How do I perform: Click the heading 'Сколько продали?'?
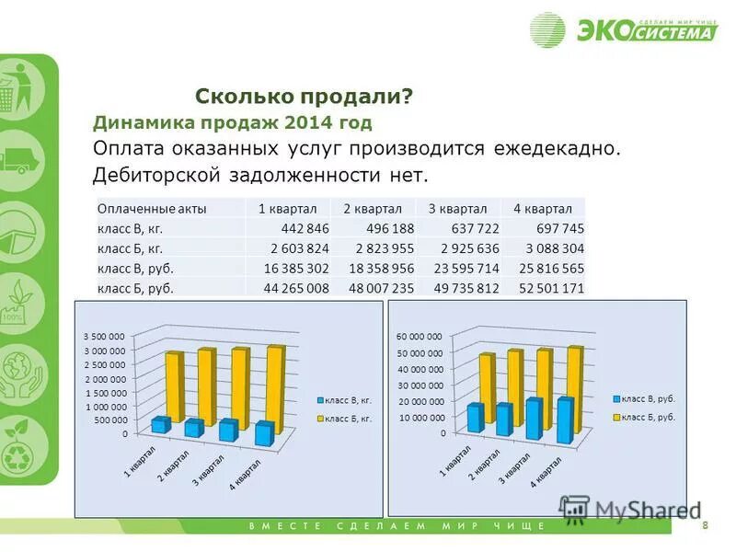pyautogui.click(x=304, y=97)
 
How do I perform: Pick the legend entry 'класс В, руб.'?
pyautogui.click(x=648, y=398)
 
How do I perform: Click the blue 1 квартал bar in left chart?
pyautogui.click(x=161, y=424)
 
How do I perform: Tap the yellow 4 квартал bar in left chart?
pyautogui.click(x=274, y=386)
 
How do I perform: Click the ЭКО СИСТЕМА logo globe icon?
pyautogui.click(x=547, y=29)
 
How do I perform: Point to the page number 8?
pyautogui.click(x=705, y=525)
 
